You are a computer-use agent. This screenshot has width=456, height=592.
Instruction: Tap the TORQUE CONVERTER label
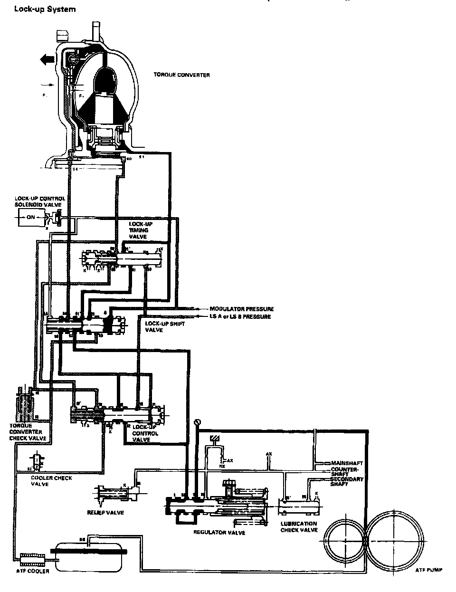click(181, 75)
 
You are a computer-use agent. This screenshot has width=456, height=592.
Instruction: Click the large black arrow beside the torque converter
click(47, 59)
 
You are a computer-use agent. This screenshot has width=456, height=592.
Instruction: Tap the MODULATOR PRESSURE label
click(241, 309)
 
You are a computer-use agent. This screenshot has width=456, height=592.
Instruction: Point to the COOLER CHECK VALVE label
click(52, 481)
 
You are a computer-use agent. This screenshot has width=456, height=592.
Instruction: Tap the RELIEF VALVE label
click(105, 513)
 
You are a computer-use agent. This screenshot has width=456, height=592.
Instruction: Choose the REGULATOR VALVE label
click(219, 533)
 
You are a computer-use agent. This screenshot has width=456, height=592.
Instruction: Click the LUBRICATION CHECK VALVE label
click(299, 526)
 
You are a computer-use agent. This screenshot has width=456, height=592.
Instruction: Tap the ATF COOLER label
click(33, 571)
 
